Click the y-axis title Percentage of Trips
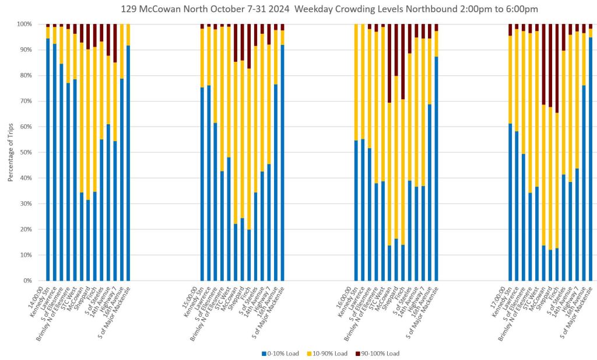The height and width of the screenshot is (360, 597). point(10,152)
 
